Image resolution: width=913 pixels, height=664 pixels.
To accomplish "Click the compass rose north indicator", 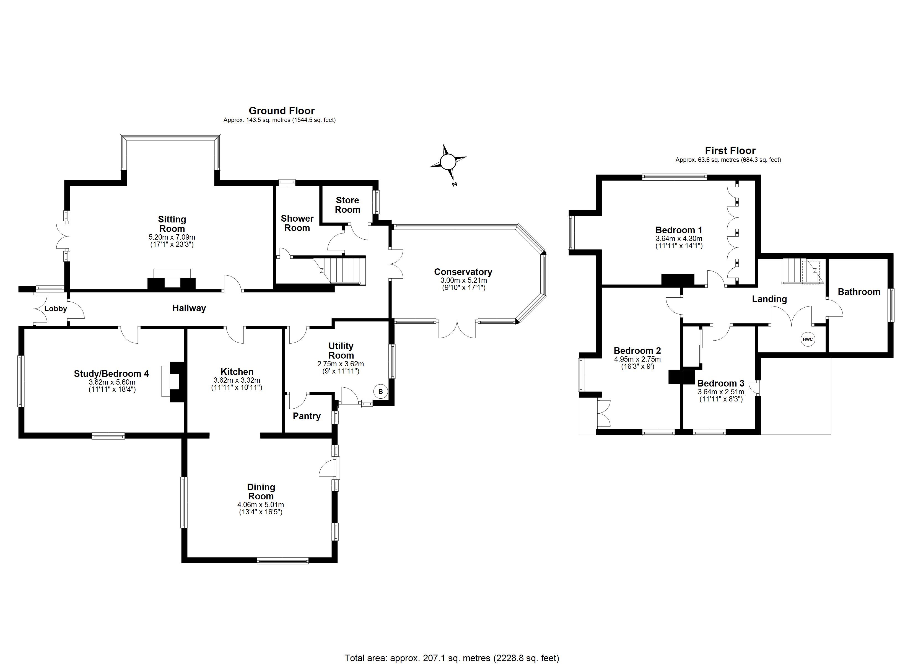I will [448, 162].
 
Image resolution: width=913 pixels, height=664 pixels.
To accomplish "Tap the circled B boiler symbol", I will [380, 391].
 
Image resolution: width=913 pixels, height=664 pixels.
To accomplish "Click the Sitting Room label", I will [172, 224].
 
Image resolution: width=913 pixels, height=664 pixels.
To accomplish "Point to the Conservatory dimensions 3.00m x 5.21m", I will [463, 280].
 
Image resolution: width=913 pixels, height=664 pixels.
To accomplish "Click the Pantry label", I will [307, 416].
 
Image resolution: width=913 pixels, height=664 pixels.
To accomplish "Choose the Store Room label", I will [347, 205].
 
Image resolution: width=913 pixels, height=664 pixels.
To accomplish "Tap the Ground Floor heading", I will [281, 111].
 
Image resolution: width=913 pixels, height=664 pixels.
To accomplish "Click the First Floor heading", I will [730, 151].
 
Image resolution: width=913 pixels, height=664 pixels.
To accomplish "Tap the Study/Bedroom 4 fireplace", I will [174, 381].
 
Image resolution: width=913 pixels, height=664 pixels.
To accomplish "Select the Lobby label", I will [56, 309].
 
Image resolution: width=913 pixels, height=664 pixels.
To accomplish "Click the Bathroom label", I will [859, 292].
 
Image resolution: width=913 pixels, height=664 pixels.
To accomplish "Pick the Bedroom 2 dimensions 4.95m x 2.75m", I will [637, 359].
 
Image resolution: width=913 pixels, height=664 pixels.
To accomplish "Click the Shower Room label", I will [297, 223].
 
